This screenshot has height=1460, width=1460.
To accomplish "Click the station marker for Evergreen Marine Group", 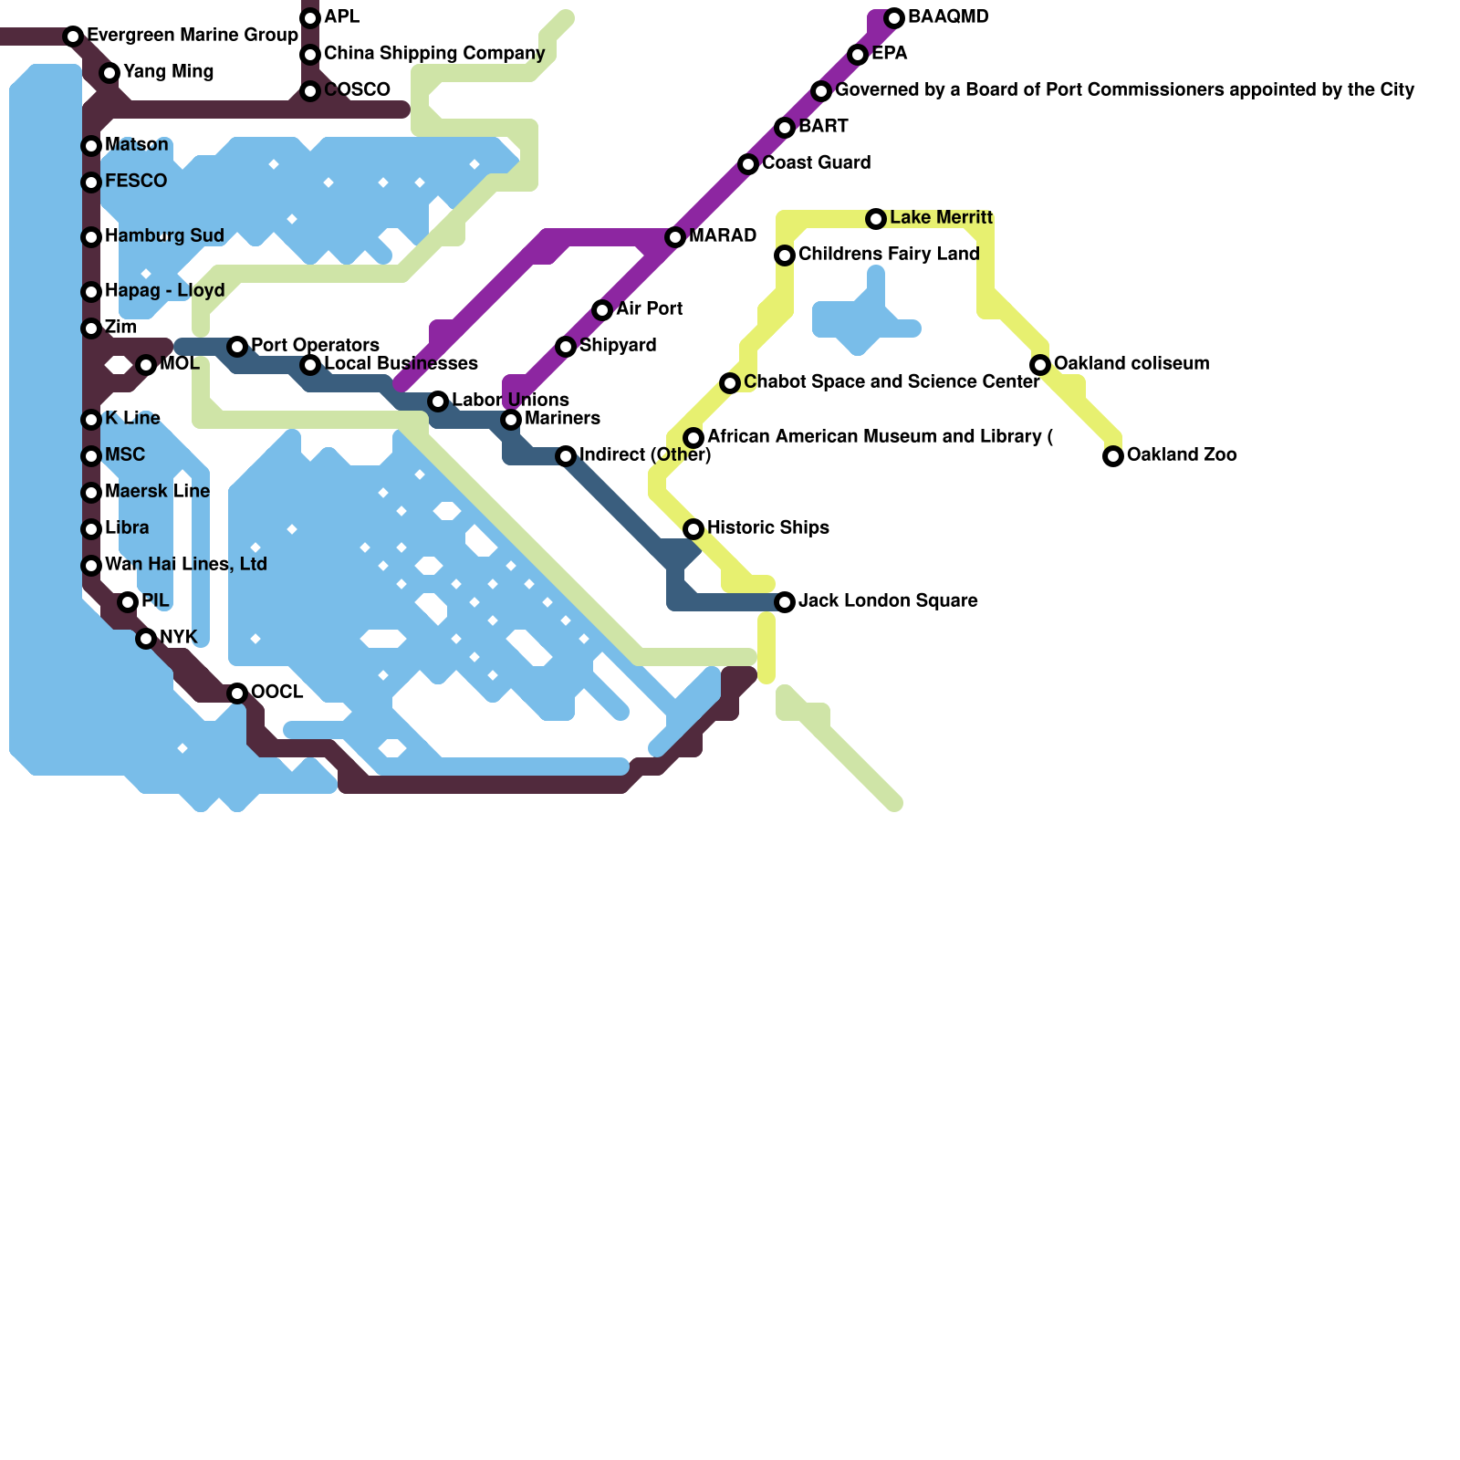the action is point(73,36).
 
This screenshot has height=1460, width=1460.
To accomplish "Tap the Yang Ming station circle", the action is point(109,73).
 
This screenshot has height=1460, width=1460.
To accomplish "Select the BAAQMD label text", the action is point(948,17).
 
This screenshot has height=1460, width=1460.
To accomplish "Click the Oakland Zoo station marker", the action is point(1113,456).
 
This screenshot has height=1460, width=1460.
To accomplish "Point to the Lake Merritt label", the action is point(941,218).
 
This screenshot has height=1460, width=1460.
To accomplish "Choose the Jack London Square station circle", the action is point(785,602).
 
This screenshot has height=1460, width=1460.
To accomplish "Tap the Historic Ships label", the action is point(767,528).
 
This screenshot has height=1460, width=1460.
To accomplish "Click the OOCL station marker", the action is point(237,693).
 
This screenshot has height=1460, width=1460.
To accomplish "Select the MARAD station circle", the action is point(675,237).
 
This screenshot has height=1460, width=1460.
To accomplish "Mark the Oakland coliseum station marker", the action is point(1040,365).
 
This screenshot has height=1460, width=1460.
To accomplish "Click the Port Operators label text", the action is point(315,346).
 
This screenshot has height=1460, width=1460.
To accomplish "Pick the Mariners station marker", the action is point(511,420).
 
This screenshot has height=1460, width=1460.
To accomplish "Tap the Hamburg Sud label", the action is point(164,236).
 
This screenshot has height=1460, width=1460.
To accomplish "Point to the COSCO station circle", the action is point(310,91).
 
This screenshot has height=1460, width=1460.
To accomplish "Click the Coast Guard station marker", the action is point(748,164).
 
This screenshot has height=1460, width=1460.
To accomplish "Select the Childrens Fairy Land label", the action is point(888,255).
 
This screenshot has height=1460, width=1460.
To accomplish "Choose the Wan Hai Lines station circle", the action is point(91,566).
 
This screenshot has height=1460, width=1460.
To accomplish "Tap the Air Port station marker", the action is point(602,310).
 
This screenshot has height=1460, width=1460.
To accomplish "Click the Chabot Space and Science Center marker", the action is point(730,383).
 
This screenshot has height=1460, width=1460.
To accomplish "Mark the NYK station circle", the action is point(146,639).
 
